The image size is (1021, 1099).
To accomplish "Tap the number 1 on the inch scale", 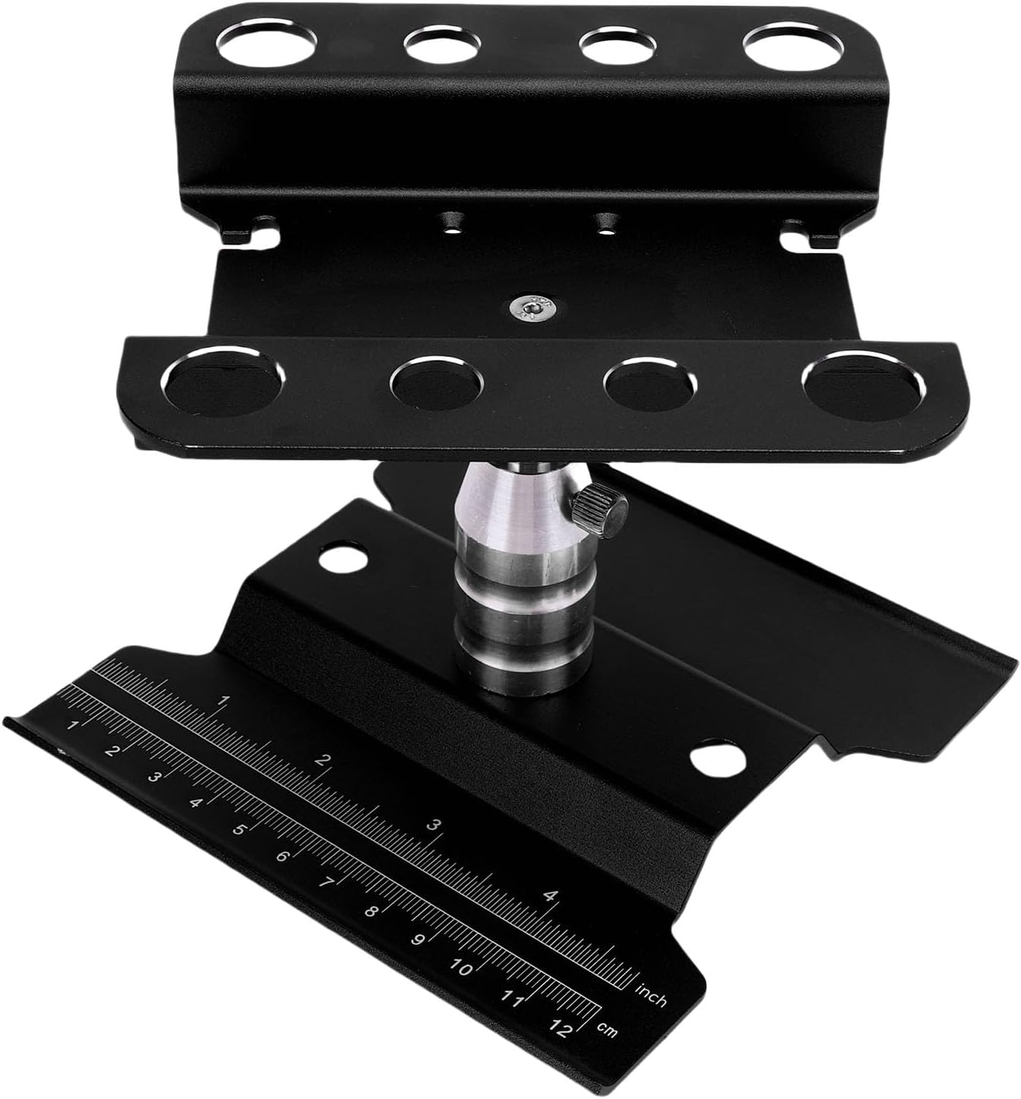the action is point(223,701).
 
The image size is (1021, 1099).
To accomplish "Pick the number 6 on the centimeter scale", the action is point(282,857).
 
